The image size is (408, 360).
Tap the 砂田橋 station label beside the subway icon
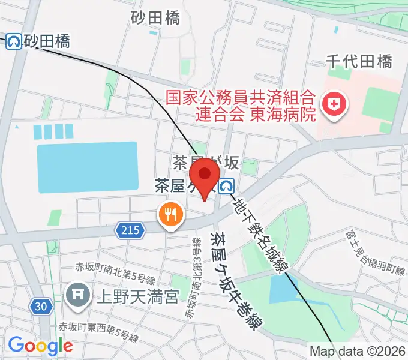pyautogui.click(x=47, y=41)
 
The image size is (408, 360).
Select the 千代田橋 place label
pyautogui.click(x=359, y=61)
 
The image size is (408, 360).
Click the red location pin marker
pyautogui.click(x=206, y=175)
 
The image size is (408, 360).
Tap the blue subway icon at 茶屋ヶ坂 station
pyautogui.click(x=226, y=187)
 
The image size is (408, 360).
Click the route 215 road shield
pyautogui.click(x=129, y=229)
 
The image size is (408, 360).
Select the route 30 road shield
pyautogui.click(x=40, y=307)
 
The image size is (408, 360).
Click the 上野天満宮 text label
pyautogui.click(x=137, y=295)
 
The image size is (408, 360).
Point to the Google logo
pyautogui.click(x=40, y=346)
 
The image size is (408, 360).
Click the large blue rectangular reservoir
pyautogui.click(x=86, y=167)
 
